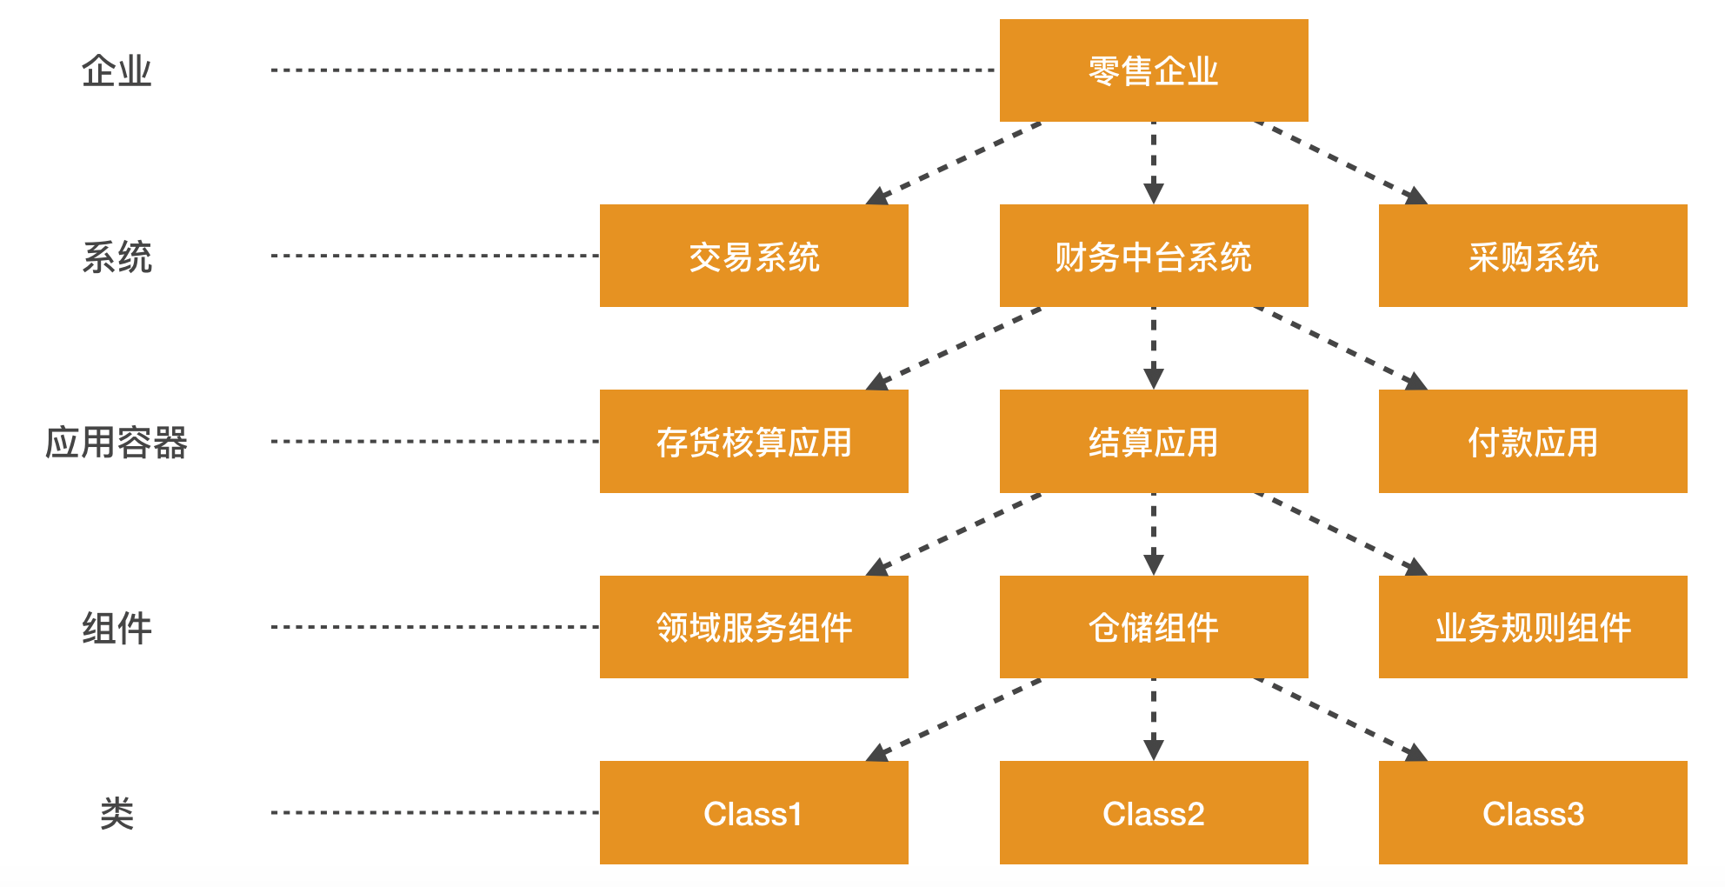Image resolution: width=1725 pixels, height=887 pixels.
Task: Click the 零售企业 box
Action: [x=1153, y=70]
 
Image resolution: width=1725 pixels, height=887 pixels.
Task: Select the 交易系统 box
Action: [x=754, y=256]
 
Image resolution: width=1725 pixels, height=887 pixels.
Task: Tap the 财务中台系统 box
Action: [x=1153, y=256]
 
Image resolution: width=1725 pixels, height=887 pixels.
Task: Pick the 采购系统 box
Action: [x=1532, y=256]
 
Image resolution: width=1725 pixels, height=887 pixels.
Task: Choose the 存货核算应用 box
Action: [x=754, y=441]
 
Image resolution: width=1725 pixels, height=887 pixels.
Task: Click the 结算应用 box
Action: [x=1153, y=441]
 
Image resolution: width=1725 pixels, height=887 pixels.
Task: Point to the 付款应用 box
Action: [x=1532, y=441]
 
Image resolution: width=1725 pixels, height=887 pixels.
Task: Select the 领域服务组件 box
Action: [x=754, y=627]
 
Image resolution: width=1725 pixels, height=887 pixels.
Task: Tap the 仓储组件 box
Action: [x=1153, y=627]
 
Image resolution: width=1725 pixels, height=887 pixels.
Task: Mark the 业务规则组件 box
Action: [x=1532, y=627]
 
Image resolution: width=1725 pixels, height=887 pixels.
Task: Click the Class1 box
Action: [x=754, y=812]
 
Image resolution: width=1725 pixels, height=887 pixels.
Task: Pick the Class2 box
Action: [x=1153, y=812]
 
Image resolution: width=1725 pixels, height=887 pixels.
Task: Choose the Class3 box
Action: [x=1532, y=812]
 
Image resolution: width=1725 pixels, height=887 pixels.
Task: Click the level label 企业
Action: [x=117, y=70]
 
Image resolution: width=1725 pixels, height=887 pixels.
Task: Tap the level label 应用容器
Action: [x=117, y=442]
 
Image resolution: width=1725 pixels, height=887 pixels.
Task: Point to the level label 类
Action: [x=117, y=813]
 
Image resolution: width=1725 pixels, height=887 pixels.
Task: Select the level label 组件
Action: [x=117, y=627]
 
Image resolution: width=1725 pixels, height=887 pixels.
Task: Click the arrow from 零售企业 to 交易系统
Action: [x=955, y=163]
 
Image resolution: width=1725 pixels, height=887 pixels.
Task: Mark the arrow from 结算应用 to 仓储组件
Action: [x=1153, y=534]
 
